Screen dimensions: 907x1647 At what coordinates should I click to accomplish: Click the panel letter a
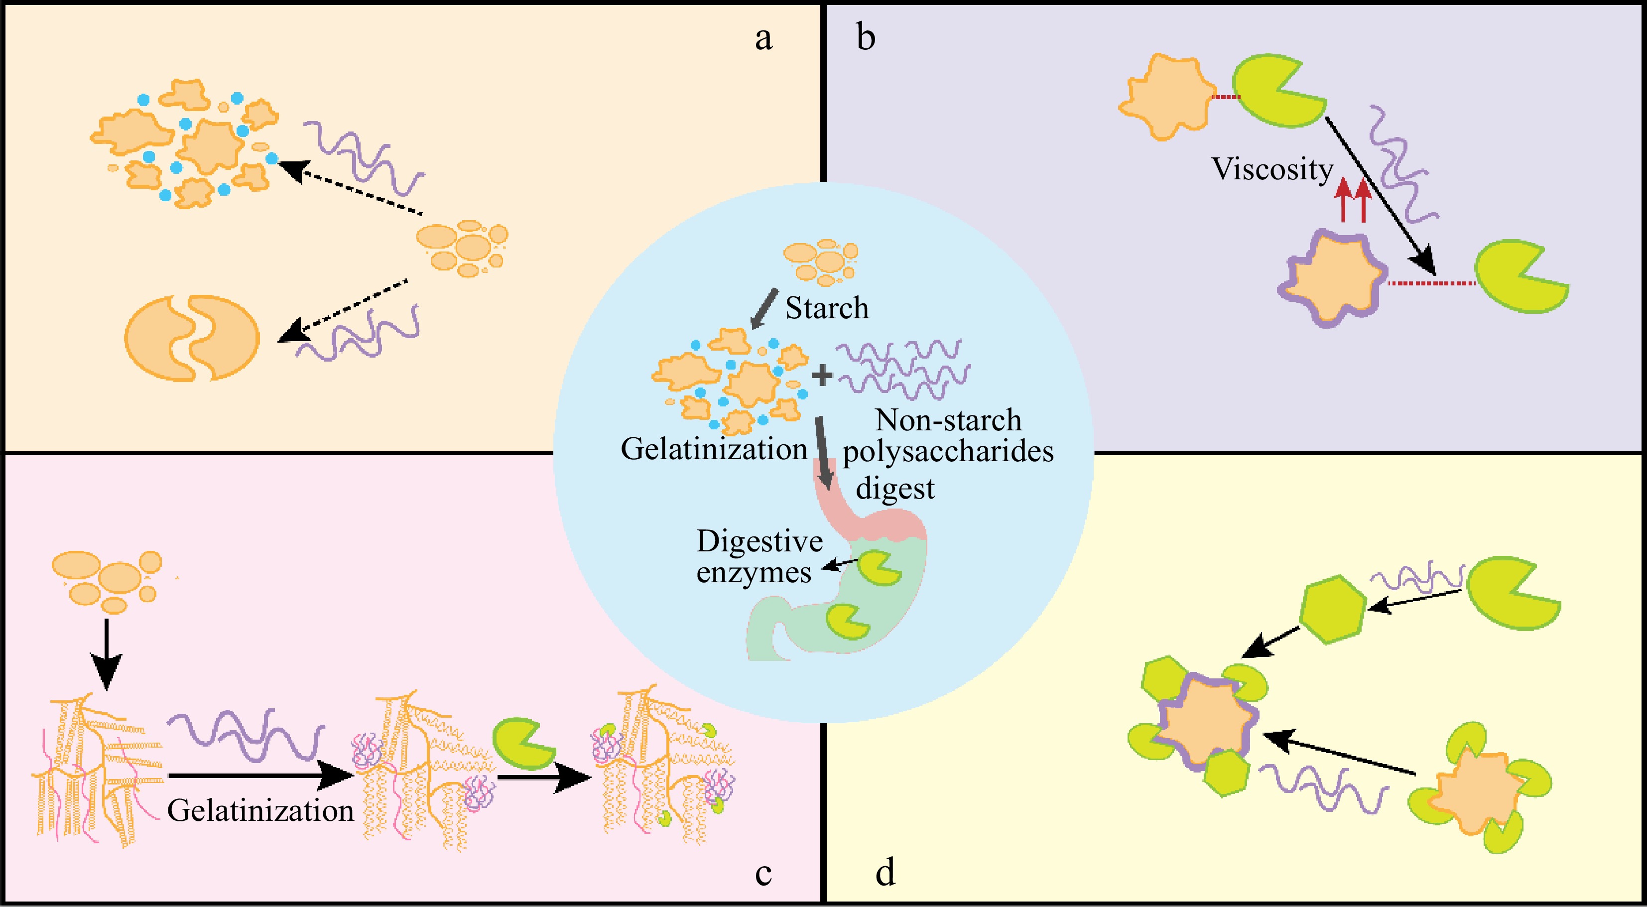(x=763, y=38)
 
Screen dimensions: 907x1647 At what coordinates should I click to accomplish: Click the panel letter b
(x=866, y=38)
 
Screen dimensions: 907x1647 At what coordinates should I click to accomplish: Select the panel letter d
(x=885, y=873)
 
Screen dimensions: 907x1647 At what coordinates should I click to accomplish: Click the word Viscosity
(x=1272, y=169)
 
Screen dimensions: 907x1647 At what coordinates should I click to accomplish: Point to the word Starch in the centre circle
(x=827, y=308)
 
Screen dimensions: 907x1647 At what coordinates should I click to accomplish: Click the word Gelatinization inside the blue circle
(x=714, y=449)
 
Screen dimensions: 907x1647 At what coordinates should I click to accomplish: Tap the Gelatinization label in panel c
(x=260, y=811)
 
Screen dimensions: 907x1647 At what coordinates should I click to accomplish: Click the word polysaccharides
(x=948, y=452)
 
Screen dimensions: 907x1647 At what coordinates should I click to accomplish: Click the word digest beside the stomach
(x=895, y=489)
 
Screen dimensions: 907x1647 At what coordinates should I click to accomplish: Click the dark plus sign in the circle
(x=822, y=376)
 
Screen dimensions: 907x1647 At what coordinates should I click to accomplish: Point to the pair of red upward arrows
(x=1353, y=200)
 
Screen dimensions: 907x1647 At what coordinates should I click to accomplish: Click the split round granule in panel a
(x=192, y=338)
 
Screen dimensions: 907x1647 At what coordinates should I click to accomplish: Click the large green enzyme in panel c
(x=521, y=743)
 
